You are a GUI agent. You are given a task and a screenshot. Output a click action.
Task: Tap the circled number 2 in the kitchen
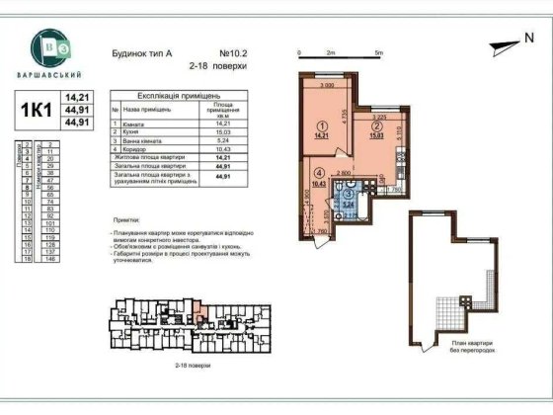coord(375,126)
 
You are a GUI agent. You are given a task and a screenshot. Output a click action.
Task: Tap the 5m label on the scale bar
coord(378,50)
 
